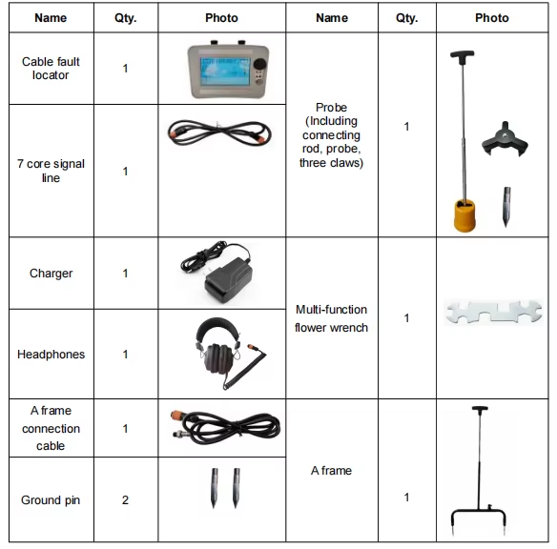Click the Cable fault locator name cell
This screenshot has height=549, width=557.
(51, 69)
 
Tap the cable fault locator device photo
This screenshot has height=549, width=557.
(226, 70)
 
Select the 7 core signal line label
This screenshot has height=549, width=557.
(51, 171)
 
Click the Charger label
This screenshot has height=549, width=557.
(51, 274)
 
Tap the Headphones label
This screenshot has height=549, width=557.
(51, 355)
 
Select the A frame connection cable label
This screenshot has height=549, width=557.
(51, 429)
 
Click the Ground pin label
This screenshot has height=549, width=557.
(51, 500)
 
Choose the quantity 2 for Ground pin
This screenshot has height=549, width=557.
(125, 500)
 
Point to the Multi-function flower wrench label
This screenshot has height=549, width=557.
(331, 318)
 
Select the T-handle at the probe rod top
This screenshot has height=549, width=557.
(464, 55)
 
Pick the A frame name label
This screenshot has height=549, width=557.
(331, 471)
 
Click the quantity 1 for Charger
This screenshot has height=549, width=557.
(125, 274)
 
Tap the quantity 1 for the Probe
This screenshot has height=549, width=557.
(406, 127)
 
